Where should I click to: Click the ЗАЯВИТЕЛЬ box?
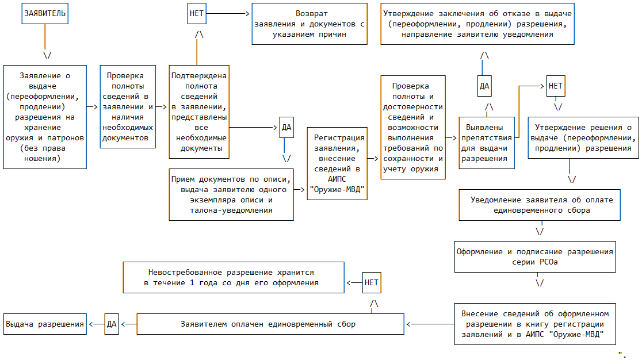[45, 13]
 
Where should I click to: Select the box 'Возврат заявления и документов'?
[310, 24]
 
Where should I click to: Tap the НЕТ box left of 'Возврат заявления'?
[197, 13]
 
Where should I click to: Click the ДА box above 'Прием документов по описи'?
[286, 128]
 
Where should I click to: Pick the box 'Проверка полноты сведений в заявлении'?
[128, 106]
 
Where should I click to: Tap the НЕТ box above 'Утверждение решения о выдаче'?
[556, 86]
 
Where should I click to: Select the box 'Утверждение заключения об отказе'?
[477, 24]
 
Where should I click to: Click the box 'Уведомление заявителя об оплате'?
[540, 205]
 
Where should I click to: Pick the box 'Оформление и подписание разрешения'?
[535, 256]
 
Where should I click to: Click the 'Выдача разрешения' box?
[45, 324]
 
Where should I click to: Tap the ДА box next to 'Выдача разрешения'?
[112, 324]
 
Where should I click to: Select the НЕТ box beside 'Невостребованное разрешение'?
[372, 282]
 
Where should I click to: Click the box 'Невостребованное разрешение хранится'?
[233, 277]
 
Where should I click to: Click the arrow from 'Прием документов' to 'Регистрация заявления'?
[300, 189]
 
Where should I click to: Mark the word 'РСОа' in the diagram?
[549, 262]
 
